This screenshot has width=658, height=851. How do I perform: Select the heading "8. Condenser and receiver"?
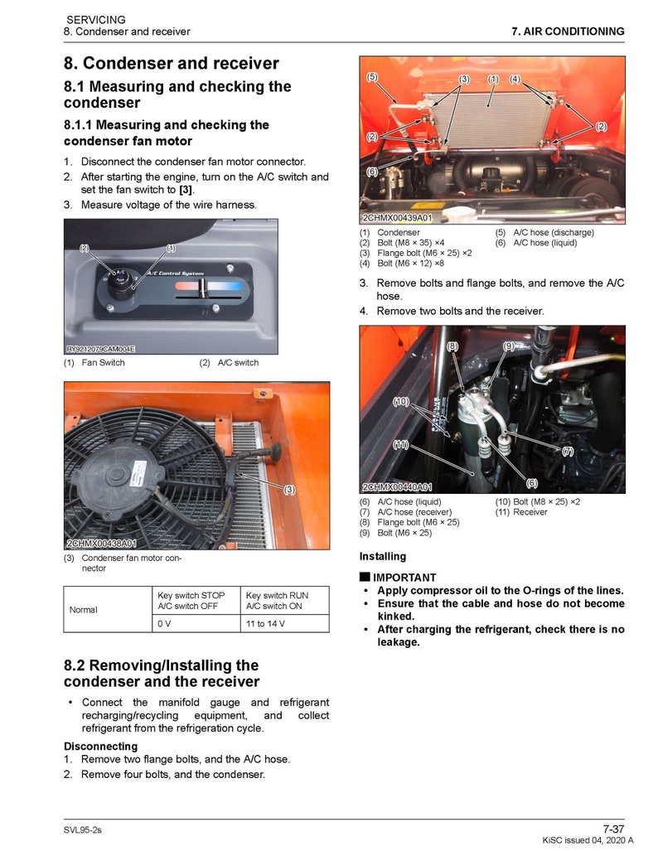(171, 64)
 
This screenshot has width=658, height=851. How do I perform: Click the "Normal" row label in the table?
(84, 610)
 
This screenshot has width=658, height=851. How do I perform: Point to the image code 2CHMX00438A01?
(101, 544)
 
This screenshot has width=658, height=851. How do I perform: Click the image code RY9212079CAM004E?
(100, 350)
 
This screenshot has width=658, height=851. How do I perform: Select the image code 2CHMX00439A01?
(397, 218)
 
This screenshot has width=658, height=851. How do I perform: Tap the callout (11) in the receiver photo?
(400, 445)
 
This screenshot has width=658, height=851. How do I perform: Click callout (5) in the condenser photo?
(372, 77)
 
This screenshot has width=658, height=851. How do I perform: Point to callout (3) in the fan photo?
(289, 490)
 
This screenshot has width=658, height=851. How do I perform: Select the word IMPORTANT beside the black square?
(404, 578)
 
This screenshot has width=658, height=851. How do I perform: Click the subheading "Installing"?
(382, 557)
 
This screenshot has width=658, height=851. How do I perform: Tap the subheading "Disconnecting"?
(100, 747)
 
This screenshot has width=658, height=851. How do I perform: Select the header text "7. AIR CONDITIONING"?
(568, 31)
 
